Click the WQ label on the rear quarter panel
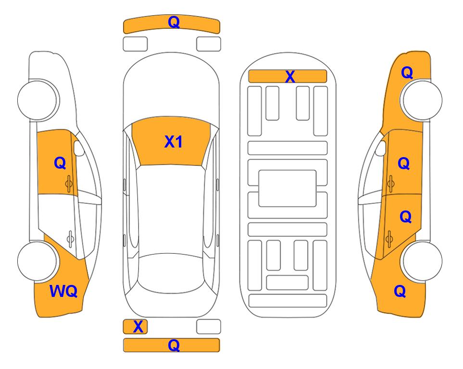pos(63,291)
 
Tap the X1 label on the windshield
pos(174,142)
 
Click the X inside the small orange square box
pos(138,327)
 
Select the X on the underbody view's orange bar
pos(290,76)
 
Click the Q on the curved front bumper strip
pos(174,22)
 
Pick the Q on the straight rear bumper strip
pos(174,345)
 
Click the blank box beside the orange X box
pos(209,327)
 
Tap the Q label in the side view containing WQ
pos(60,163)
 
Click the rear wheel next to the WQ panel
pos(37,261)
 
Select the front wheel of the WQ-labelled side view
pos(37,100)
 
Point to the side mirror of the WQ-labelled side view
pos(78,148)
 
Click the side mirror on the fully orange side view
pos(381,148)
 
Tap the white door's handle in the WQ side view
pos(70,238)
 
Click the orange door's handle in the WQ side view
pos(69,184)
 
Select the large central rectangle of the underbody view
pos(288,188)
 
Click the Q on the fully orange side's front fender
pos(407,73)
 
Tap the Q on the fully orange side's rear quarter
pos(400,291)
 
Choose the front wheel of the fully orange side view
pos(422,100)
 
